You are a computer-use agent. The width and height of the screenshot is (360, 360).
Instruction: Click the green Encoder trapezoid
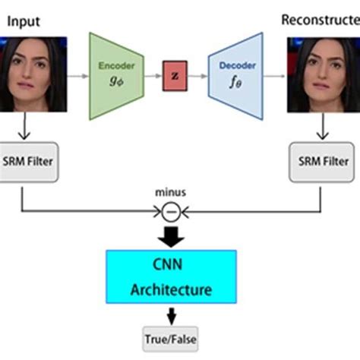[x=117, y=76]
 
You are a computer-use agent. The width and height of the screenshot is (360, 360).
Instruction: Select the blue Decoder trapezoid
[x=237, y=76]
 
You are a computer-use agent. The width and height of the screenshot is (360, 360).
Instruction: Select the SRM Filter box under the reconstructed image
[x=323, y=161]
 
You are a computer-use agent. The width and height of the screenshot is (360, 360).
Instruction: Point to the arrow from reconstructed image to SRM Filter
[x=323, y=130]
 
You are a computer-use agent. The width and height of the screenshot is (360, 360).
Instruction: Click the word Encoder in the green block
[x=116, y=66]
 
